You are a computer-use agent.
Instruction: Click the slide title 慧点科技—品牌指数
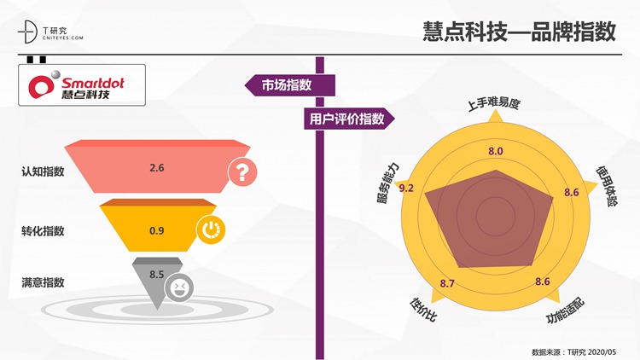519,32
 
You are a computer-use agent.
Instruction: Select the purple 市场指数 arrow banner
290,85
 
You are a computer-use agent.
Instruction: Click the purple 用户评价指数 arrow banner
349,119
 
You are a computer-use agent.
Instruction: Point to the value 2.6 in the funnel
157,168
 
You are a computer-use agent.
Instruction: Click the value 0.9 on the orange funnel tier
157,231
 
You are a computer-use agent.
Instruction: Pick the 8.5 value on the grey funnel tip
157,275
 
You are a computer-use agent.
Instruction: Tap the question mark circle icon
242,172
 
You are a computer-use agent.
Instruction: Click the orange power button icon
211,229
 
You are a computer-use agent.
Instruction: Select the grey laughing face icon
179,287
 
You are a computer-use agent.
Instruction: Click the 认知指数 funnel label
43,171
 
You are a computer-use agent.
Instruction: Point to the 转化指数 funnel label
43,231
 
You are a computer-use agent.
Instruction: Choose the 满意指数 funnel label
43,282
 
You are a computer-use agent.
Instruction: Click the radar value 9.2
406,189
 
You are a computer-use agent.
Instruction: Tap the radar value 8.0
496,151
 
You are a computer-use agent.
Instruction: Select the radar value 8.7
447,283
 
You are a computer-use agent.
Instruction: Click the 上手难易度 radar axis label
493,104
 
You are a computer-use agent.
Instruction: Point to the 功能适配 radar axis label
566,311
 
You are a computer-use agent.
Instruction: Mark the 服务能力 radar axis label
387,183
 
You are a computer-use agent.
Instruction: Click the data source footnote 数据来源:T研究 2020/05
574,351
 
